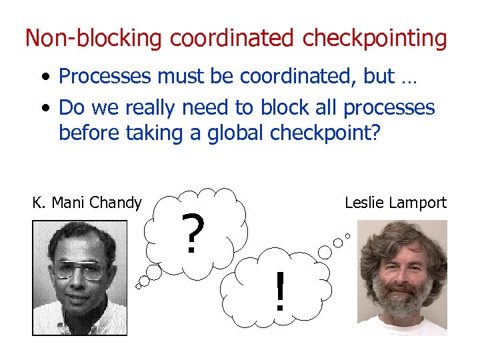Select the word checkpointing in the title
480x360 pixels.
375,39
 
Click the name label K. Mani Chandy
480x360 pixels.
87,203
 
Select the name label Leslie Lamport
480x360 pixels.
395,203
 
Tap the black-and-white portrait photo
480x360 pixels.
79,277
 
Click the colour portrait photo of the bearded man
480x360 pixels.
402,277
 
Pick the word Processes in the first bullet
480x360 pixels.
105,77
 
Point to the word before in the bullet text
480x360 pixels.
86,133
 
